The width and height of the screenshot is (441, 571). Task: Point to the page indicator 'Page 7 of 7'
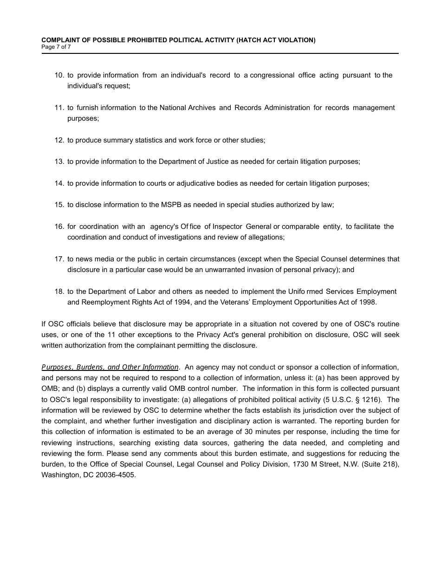pyautogui.click(x=56, y=47)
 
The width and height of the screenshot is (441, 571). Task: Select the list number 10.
pyautogui.click(x=59, y=75)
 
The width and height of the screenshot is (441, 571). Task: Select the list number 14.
pyautogui.click(x=59, y=183)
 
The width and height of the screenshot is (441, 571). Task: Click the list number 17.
pyautogui.click(x=59, y=259)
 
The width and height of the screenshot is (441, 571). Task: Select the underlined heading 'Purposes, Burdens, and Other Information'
pyautogui.click(x=110, y=367)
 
